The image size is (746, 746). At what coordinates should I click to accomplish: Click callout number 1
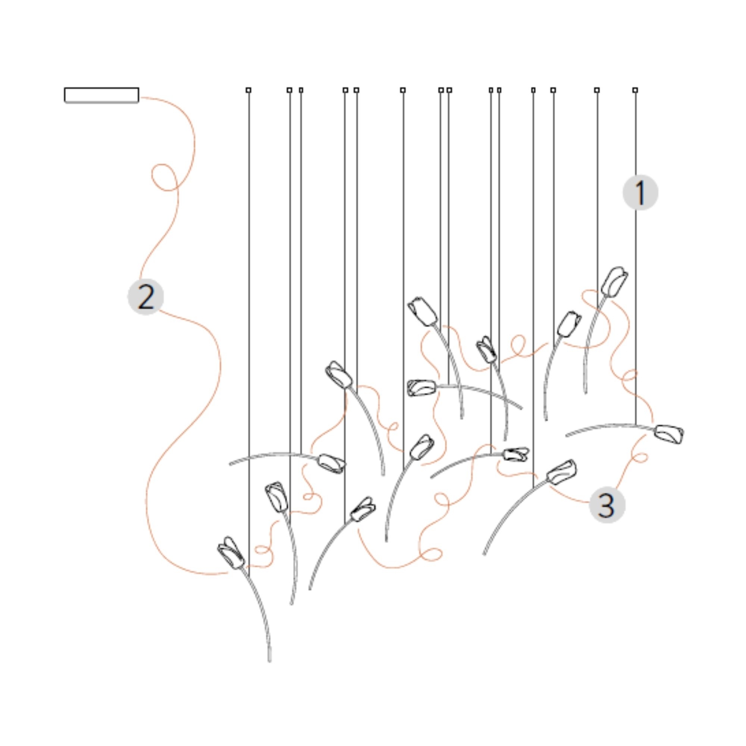tap(640, 192)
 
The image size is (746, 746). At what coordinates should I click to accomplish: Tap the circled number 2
tap(145, 297)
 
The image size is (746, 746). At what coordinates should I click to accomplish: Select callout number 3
tap(607, 505)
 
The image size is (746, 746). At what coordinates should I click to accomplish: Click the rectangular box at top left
tap(101, 95)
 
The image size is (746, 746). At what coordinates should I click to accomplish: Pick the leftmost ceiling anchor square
tap(248, 90)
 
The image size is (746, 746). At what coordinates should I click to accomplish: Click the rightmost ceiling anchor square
tap(635, 90)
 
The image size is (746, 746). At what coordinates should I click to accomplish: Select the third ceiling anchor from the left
tap(301, 90)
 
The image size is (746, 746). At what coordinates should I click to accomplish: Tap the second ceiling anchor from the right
tap(597, 90)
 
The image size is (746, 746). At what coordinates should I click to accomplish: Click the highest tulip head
tap(614, 282)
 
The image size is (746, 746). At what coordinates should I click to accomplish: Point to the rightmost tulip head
tap(669, 434)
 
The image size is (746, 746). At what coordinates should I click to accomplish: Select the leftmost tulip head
tap(231, 552)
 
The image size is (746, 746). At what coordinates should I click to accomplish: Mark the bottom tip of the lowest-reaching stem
tap(270, 662)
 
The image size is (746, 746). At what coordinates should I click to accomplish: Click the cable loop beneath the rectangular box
tap(164, 177)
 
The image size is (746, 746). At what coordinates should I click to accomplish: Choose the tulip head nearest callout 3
tap(562, 472)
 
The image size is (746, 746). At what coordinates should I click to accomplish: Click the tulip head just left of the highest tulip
tap(570, 323)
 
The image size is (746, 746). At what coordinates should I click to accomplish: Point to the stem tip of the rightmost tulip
tap(567, 436)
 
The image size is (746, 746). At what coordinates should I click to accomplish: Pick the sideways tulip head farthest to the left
tap(331, 463)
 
